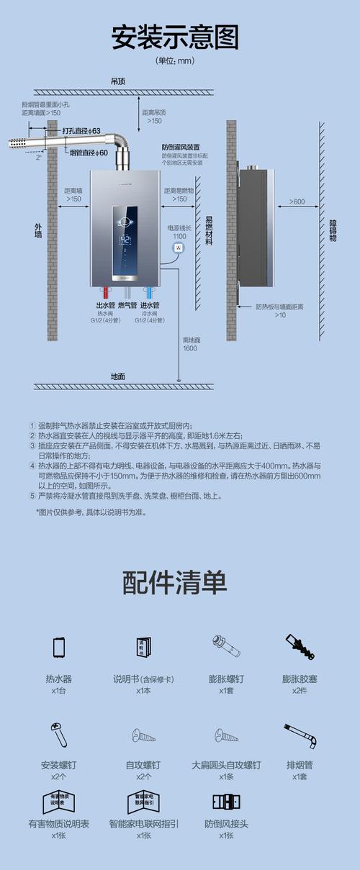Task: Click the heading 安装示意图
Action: click(175, 37)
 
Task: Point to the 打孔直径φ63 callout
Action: click(81, 130)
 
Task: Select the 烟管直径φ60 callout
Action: click(89, 153)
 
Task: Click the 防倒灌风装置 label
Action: click(181, 147)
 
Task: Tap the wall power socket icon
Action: click(179, 248)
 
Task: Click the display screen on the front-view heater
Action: click(125, 240)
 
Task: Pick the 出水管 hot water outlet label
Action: click(106, 306)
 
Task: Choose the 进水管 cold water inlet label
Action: click(150, 306)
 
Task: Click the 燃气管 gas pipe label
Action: click(127, 306)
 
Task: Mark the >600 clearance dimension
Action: click(297, 201)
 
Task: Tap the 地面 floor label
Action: click(117, 376)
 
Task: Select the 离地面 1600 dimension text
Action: click(189, 344)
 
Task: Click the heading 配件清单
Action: click(175, 582)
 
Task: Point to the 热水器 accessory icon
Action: click(59, 648)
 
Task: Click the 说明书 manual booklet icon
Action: click(143, 647)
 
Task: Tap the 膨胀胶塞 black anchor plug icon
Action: click(299, 647)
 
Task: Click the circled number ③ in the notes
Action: click(32, 446)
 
